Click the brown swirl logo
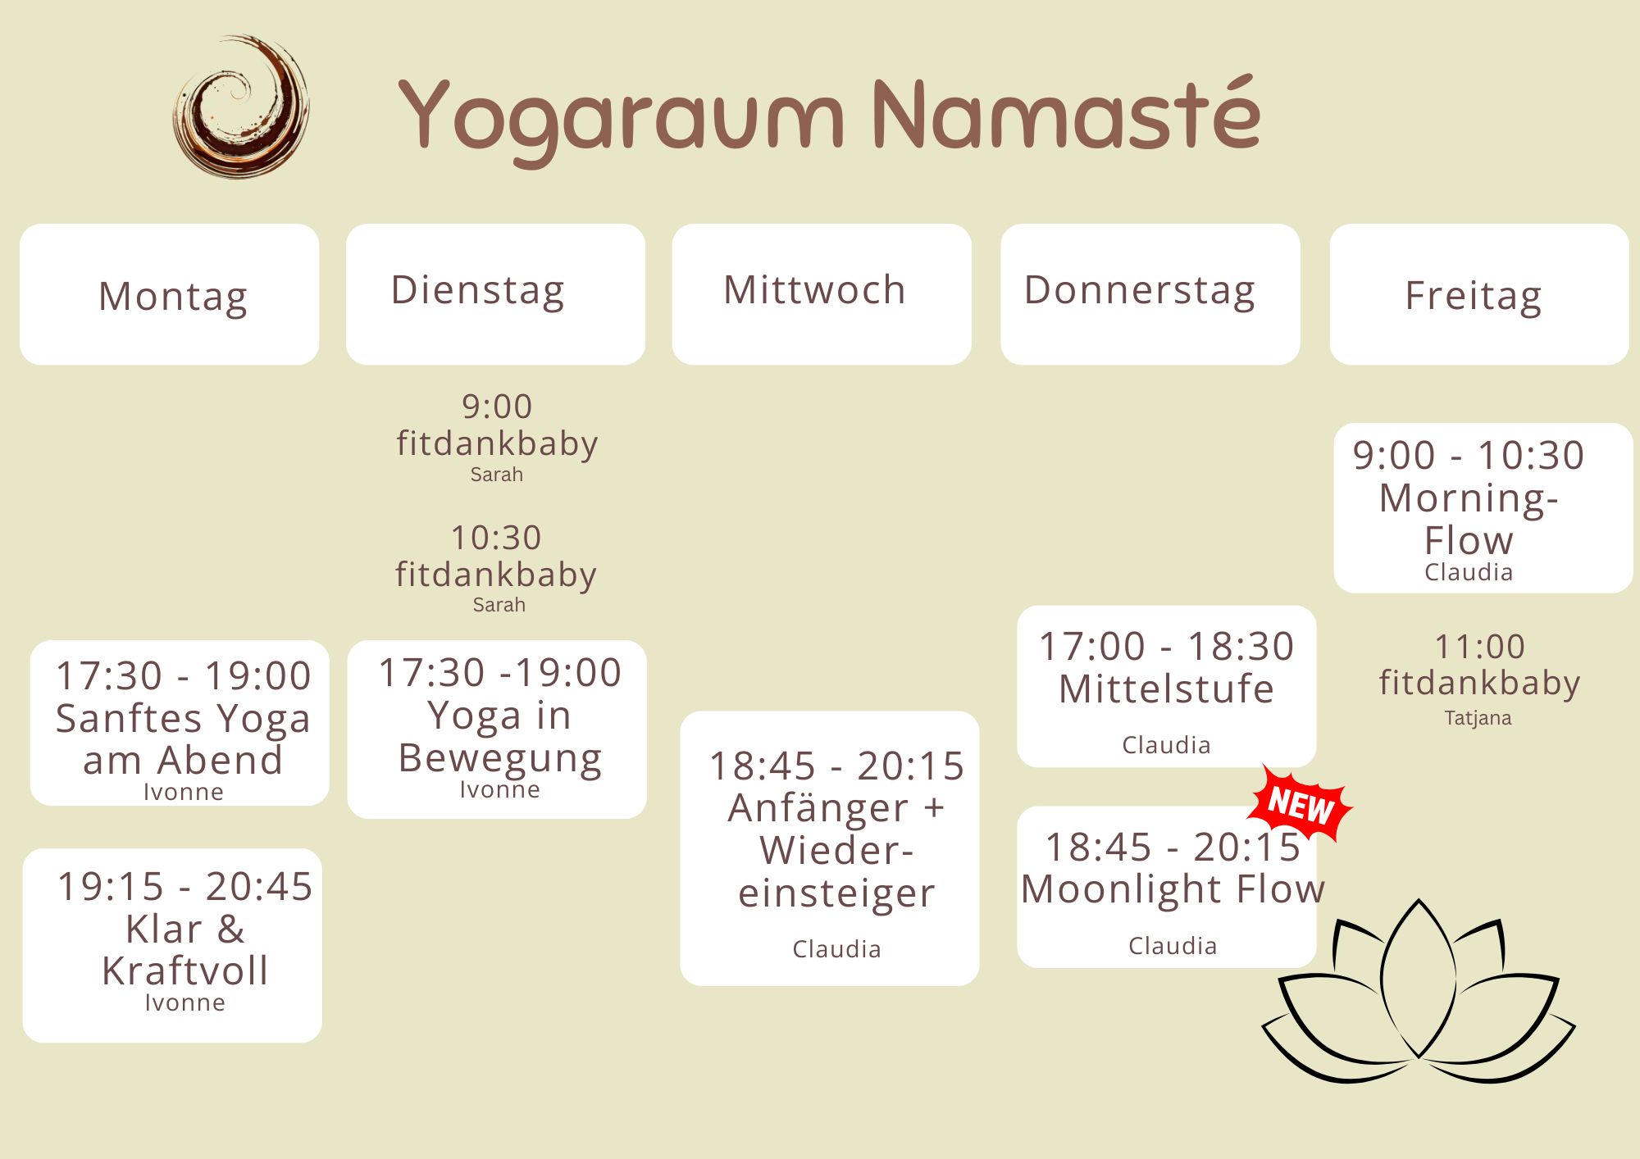pyautogui.click(x=241, y=107)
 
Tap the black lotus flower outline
pyautogui.click(x=1419, y=992)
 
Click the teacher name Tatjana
pyautogui.click(x=1478, y=718)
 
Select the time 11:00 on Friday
pyautogui.click(x=1479, y=647)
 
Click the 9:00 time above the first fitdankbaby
pyautogui.click(x=497, y=407)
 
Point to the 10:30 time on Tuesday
pyautogui.click(x=496, y=538)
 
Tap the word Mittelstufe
pyautogui.click(x=1166, y=689)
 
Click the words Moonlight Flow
pyautogui.click(x=1173, y=889)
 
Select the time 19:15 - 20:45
pyautogui.click(x=185, y=886)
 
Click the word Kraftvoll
pyautogui.click(x=185, y=970)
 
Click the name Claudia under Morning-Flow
pyautogui.click(x=1469, y=572)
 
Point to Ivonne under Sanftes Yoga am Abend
pyautogui.click(x=184, y=792)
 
